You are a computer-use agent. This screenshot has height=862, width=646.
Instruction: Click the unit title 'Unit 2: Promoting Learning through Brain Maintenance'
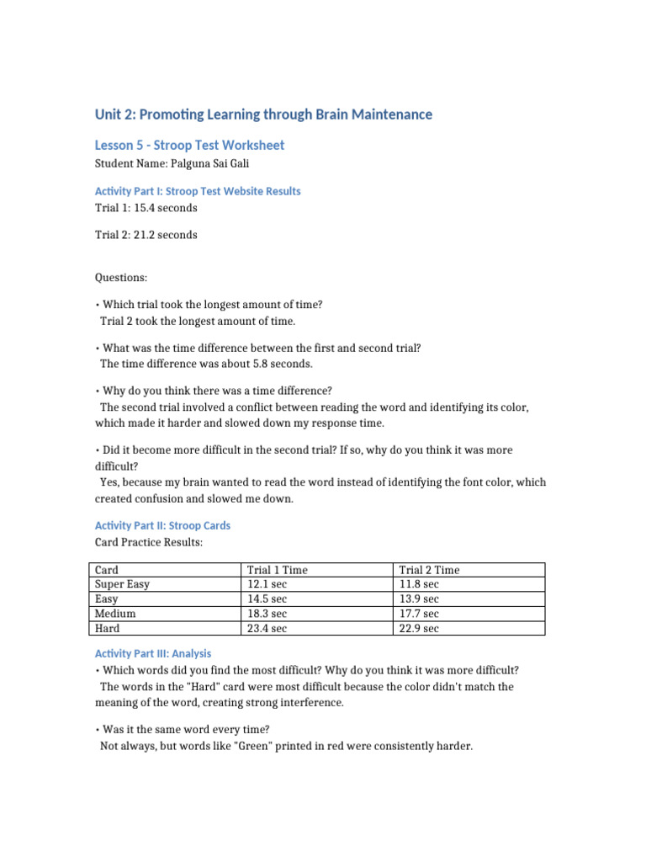263,114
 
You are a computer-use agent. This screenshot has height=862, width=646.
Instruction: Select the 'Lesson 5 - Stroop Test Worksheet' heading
189,145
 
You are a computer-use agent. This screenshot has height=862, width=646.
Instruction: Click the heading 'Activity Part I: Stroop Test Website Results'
198,191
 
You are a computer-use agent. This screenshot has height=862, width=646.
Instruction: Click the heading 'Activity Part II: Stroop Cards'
162,525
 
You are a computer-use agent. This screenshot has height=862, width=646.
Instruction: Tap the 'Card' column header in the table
107,570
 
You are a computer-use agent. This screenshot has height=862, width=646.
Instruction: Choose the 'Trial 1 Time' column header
277,570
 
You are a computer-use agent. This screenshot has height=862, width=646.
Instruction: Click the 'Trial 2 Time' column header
429,570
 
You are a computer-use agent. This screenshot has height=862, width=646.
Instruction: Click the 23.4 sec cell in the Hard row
267,628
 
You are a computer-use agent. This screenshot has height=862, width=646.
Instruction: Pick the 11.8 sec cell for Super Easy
418,583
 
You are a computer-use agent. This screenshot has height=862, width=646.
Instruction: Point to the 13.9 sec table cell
418,599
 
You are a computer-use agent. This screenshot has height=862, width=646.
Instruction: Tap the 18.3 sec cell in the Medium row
267,613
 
